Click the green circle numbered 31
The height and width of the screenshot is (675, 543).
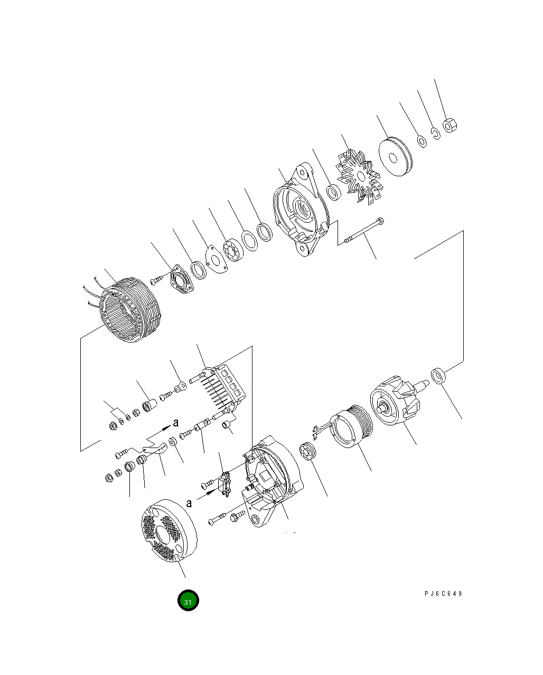pyautogui.click(x=189, y=601)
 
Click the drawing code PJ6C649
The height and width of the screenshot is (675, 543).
pyautogui.click(x=443, y=594)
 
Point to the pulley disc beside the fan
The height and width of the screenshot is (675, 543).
pyautogui.click(x=394, y=157)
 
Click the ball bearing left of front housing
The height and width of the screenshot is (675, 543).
pyautogui.click(x=232, y=250)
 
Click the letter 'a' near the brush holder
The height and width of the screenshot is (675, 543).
pyautogui.click(x=189, y=503)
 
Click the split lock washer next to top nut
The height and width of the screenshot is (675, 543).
pyautogui.click(x=434, y=134)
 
